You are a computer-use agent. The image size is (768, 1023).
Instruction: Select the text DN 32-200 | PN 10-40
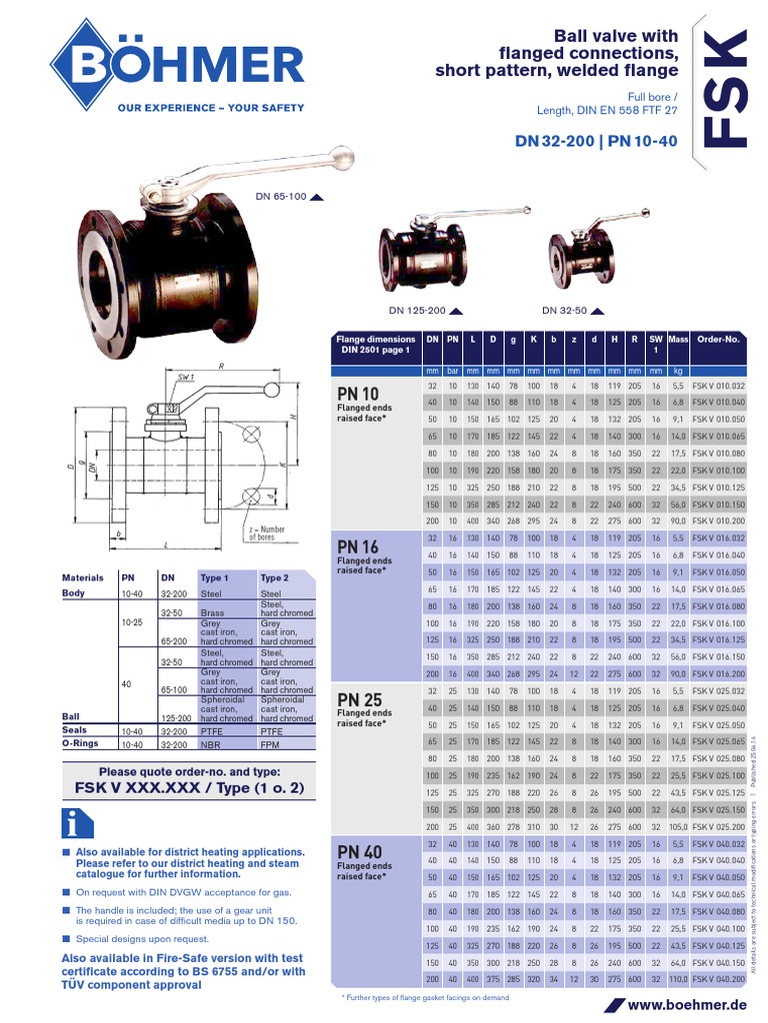click(x=596, y=141)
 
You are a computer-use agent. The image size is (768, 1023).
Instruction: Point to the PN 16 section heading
click(x=358, y=546)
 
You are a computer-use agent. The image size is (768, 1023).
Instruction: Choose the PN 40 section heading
click(x=360, y=851)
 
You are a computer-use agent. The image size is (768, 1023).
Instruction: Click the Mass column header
click(x=679, y=340)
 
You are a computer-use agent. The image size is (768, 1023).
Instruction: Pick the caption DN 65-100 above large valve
click(x=283, y=197)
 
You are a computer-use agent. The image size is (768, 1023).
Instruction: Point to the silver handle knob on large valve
click(x=342, y=157)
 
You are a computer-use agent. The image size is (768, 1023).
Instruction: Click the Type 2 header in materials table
click(x=273, y=577)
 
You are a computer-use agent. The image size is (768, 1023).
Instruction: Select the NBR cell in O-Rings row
click(x=211, y=744)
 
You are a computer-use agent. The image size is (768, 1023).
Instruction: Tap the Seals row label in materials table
click(x=76, y=730)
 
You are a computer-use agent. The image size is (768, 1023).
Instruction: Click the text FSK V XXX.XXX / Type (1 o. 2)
click(x=188, y=788)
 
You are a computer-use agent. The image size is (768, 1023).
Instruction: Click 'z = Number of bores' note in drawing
click(x=266, y=532)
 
